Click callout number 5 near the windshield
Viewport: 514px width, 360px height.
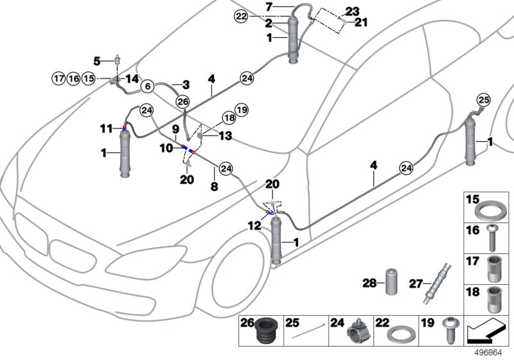pyautogui.click(x=97, y=61)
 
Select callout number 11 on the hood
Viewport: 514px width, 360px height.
pyautogui.click(x=106, y=129)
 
